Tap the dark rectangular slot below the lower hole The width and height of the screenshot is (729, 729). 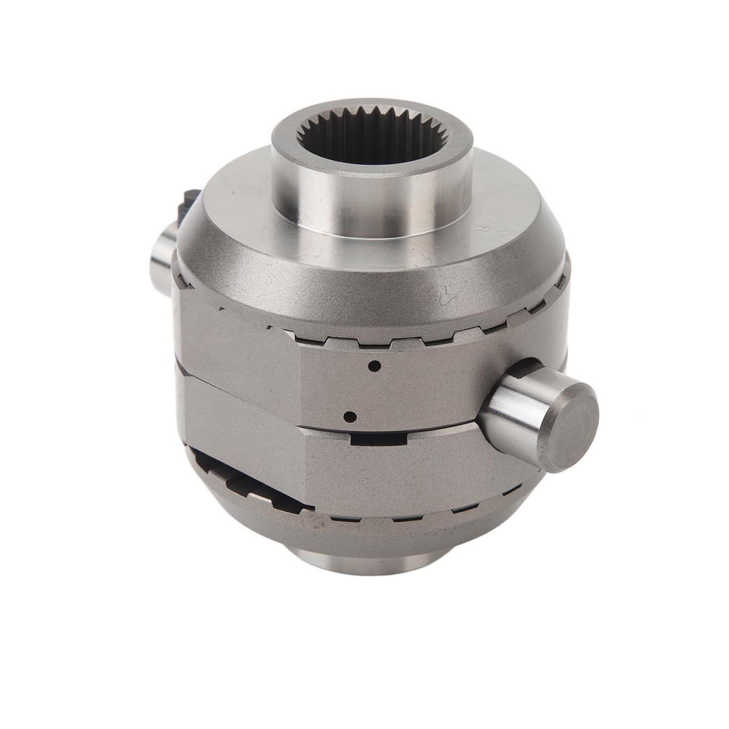pyautogui.click(x=378, y=438)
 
